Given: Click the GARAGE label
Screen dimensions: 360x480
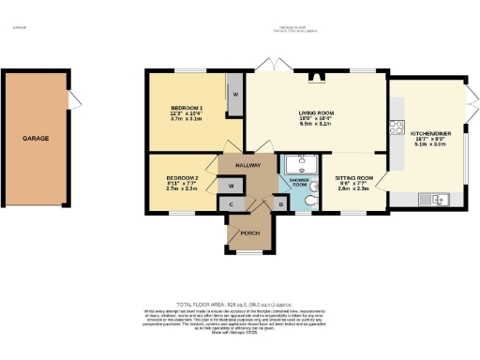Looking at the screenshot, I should (x=36, y=139).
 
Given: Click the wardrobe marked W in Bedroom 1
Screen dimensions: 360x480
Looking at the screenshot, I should (x=235, y=95).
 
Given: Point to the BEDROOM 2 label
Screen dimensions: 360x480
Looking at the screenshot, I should (x=182, y=177).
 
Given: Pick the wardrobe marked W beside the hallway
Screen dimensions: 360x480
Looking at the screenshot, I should (x=231, y=186).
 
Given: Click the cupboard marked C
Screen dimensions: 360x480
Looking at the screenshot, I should (x=232, y=202).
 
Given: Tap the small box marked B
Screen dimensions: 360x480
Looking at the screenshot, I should (x=280, y=202).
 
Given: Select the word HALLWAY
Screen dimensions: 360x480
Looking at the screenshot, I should (x=248, y=165).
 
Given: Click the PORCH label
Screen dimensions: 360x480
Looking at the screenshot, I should (x=249, y=232).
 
